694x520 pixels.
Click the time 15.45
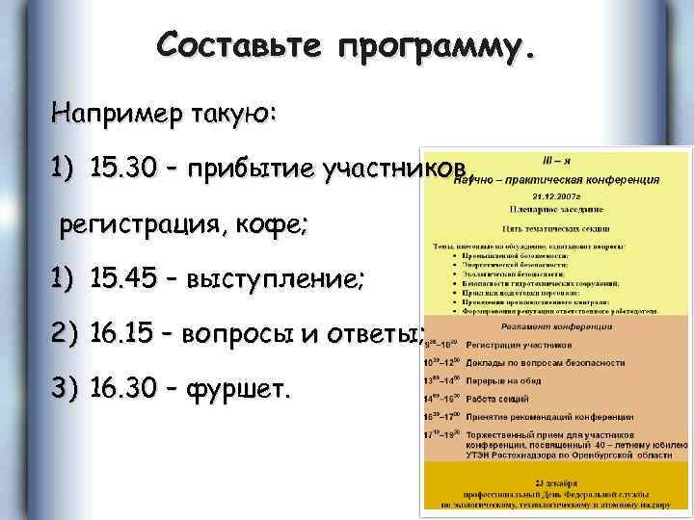click(x=122, y=280)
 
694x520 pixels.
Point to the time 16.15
click(x=122, y=336)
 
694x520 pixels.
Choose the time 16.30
click(x=122, y=391)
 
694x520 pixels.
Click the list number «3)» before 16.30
click(x=65, y=391)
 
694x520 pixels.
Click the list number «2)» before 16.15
click(x=65, y=336)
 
